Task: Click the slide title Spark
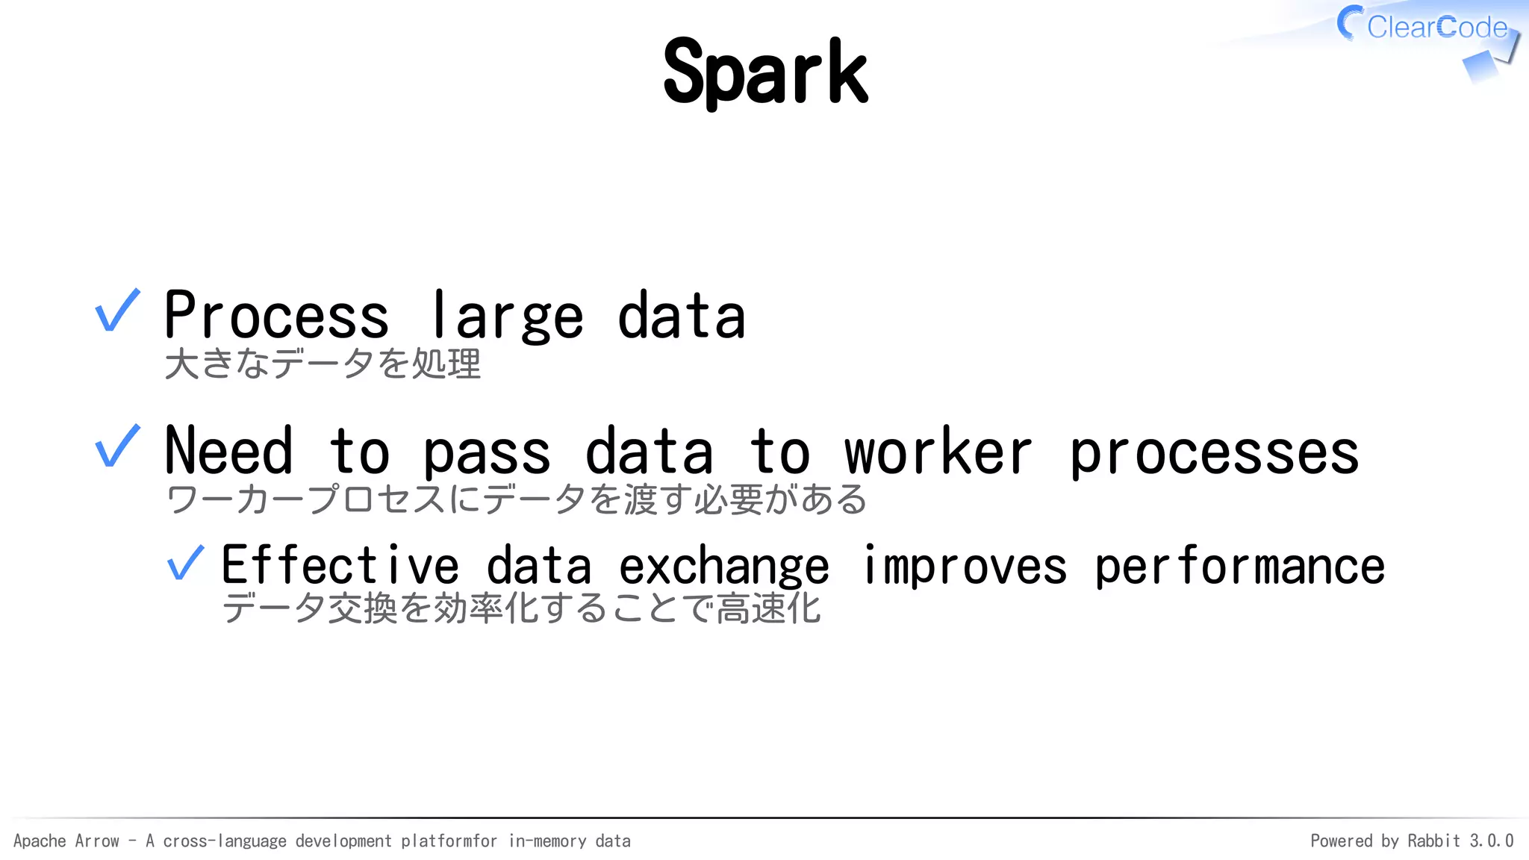pos(765,72)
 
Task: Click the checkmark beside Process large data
pos(117,311)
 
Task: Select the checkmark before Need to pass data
pos(117,446)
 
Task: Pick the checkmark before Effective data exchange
pos(185,563)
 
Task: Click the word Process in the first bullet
pos(276,316)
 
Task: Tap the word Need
pos(228,451)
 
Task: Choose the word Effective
pos(340,565)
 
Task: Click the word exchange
pos(723,567)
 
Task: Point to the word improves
pos(965,567)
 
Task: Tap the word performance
pos(1239,567)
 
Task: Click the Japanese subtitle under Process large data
pos(323,364)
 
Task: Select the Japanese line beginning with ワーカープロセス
pos(515,499)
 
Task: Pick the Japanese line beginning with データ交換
pos(521,608)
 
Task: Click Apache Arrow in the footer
pos(66,841)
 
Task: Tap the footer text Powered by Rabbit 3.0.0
pos(1412,841)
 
